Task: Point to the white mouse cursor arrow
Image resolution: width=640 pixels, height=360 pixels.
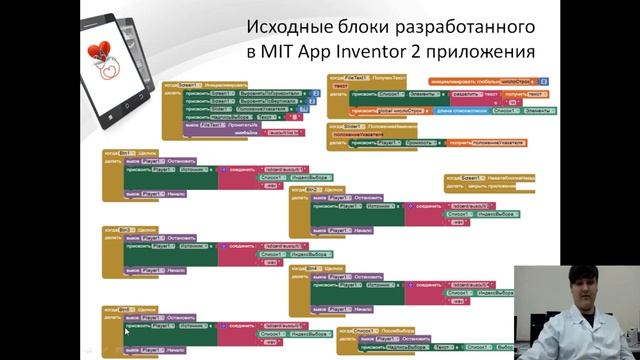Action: (127, 328)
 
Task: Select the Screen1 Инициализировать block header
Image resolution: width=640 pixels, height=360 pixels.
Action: (206, 87)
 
